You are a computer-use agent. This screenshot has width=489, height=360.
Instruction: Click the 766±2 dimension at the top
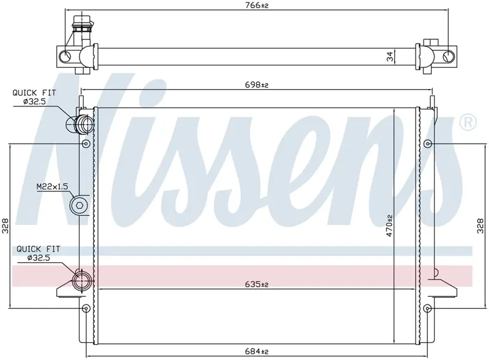click(x=257, y=6)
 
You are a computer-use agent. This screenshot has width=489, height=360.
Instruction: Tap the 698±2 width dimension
click(x=257, y=85)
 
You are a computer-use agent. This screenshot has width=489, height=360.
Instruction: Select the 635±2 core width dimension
click(x=257, y=284)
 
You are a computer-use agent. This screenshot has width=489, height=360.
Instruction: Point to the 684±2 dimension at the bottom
click(x=257, y=351)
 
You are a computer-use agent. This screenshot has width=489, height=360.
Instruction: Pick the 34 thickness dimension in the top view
click(x=390, y=56)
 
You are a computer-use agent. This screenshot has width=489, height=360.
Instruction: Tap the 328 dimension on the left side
click(x=6, y=226)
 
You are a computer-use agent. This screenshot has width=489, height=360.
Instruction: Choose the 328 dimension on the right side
click(x=480, y=226)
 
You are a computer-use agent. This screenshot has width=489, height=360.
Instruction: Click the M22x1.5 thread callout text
click(x=52, y=186)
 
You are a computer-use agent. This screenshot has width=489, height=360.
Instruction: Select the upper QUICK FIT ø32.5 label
click(x=34, y=97)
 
